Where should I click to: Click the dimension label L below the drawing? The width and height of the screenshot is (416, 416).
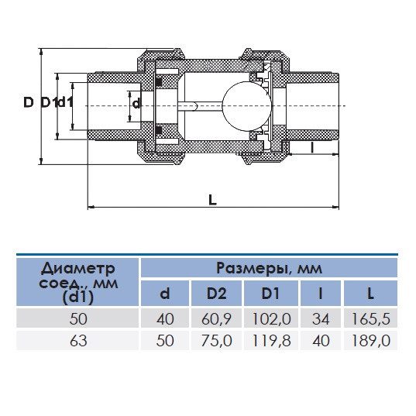pos(212,198)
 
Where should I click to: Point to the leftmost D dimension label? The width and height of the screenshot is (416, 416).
pos(28,102)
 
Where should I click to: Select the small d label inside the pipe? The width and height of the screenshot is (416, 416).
pos(136,103)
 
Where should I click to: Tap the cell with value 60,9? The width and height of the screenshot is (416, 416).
pos(216,318)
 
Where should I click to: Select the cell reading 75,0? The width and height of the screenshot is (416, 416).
pos(216,340)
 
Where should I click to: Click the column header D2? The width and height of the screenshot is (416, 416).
pos(216,294)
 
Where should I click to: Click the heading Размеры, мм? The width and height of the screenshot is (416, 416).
pos(268,269)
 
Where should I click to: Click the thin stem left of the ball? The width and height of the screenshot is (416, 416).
pos(201,104)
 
